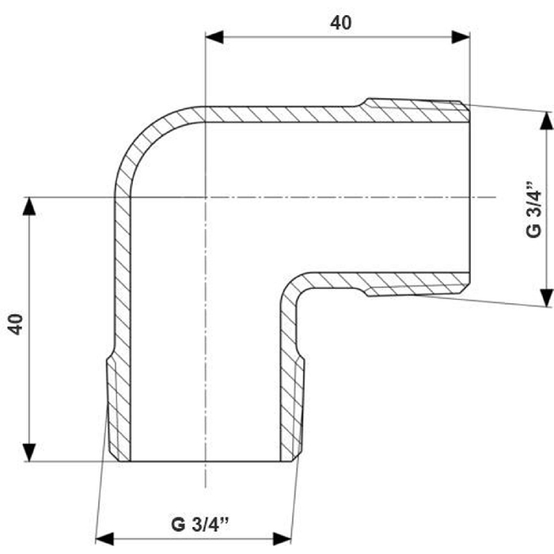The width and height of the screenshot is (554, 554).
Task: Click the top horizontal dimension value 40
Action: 340,23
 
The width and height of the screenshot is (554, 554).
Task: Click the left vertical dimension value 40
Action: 16,324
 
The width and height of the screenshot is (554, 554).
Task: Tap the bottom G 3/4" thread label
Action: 200,524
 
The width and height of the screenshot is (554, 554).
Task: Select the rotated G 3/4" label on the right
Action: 533,210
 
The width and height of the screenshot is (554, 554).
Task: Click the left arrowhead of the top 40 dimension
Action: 214,37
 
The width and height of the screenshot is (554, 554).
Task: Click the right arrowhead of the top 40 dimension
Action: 461,37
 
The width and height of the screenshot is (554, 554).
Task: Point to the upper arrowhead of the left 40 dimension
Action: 29,206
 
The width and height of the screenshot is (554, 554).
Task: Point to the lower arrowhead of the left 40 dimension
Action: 29,452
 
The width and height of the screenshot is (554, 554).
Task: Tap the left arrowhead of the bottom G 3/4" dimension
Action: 104,539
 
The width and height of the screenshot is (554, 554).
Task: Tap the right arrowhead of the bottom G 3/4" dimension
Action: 282,539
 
